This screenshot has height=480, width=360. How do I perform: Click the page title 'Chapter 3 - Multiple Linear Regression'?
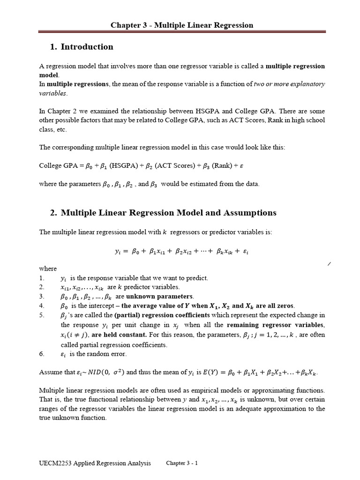point(181,25)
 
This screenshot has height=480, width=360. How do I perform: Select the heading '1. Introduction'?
point(81,47)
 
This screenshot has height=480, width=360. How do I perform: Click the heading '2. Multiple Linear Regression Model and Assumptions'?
point(163,213)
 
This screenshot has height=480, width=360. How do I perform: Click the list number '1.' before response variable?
point(41,278)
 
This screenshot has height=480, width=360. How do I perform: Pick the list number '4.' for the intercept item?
point(41,306)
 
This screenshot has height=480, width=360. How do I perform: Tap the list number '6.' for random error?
point(41,354)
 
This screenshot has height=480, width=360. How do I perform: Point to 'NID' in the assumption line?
point(94,373)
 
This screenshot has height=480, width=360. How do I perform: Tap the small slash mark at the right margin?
point(329,265)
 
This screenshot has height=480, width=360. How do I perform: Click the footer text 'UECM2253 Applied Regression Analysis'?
point(95,463)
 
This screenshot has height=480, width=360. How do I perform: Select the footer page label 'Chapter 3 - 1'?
point(182,463)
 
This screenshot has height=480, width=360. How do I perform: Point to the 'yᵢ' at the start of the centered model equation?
point(118,251)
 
